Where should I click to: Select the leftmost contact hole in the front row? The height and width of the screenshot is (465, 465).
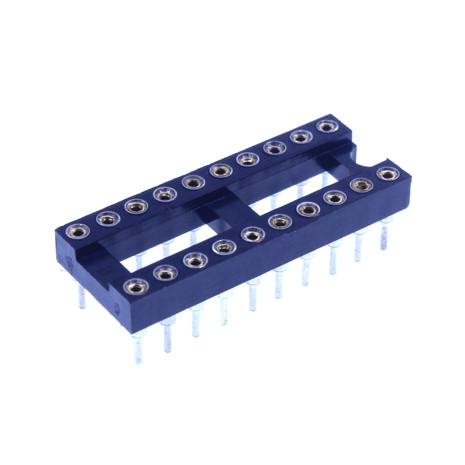134,287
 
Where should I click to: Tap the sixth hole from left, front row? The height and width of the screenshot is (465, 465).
280,222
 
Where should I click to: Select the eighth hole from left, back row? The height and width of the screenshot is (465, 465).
274,149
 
